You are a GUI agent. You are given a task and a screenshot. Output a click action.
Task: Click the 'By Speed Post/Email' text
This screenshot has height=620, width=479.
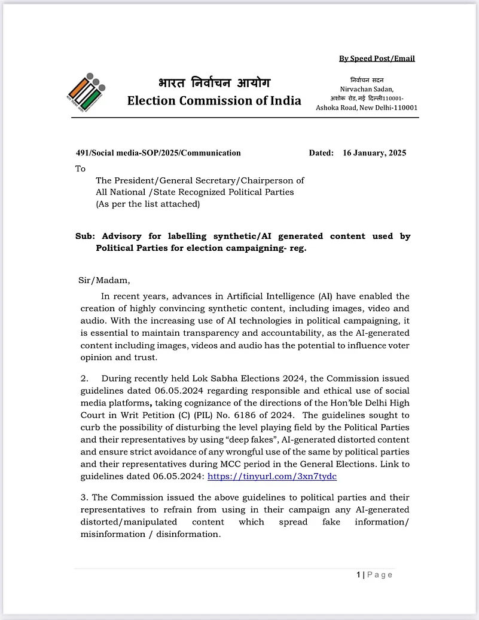click(377, 59)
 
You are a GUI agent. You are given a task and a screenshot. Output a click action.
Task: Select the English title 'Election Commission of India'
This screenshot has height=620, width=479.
click(214, 100)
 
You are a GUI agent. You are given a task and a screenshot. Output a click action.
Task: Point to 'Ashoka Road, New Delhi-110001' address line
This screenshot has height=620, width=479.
click(367, 108)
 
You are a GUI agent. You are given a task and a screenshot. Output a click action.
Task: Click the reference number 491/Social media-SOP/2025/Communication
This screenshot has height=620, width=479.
click(158, 153)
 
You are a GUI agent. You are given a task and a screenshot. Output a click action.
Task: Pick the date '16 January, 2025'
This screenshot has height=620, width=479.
click(374, 153)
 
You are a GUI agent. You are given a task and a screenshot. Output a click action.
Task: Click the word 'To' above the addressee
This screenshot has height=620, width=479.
click(81, 169)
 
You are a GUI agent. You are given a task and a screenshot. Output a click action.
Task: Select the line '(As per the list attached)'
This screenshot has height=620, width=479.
click(148, 204)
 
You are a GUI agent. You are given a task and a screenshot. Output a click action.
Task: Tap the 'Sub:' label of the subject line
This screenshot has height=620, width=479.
click(85, 237)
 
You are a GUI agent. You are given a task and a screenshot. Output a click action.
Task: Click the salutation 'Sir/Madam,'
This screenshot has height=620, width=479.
click(104, 280)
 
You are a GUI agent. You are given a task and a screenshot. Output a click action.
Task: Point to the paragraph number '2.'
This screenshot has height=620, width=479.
click(84, 379)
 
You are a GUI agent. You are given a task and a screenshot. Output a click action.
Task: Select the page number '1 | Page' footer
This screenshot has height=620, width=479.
click(375, 575)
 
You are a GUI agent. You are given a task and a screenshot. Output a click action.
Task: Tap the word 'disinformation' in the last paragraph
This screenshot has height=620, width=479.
click(188, 534)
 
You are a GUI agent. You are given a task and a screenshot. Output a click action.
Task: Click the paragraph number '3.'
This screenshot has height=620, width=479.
click(84, 498)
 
